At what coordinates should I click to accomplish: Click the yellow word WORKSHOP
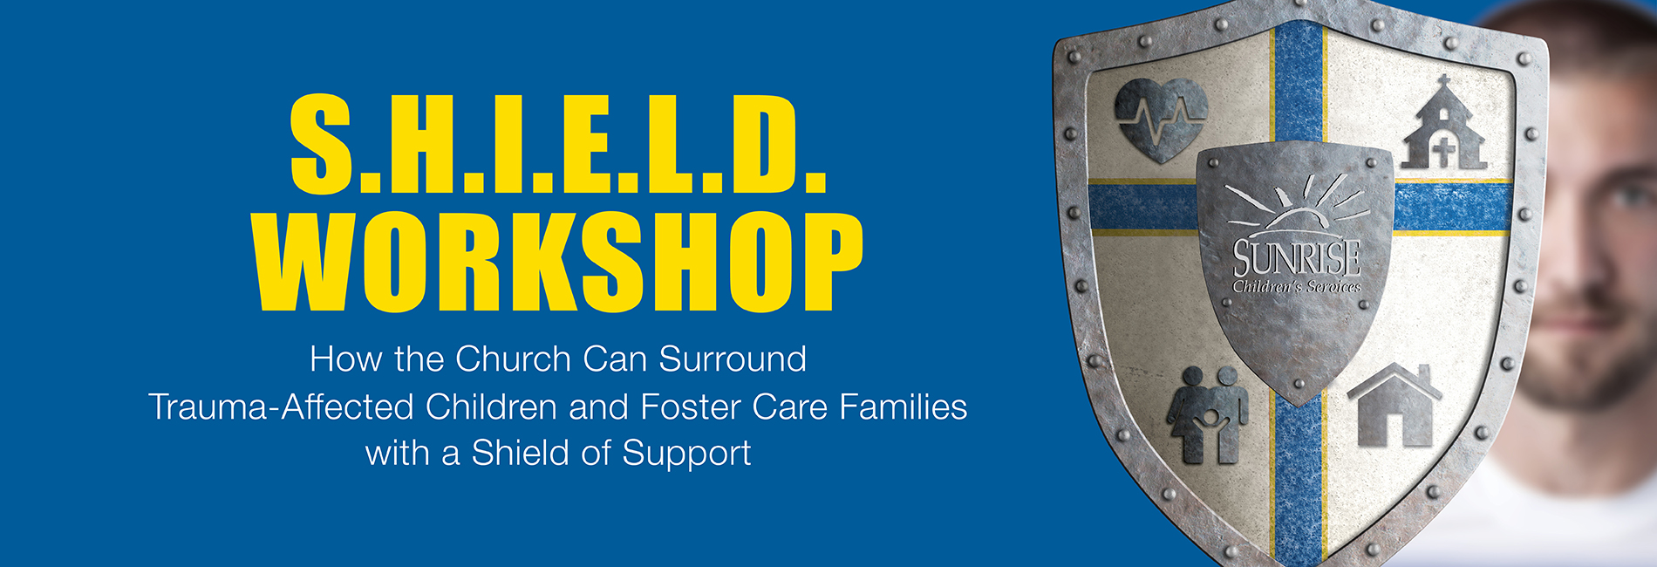[558, 263]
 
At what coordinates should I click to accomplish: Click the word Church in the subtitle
[513, 359]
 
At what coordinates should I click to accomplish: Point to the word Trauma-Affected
[281, 406]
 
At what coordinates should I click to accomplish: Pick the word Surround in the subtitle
[733, 359]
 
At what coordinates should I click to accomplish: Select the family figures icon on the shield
[1207, 414]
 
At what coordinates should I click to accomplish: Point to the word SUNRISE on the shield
[1297, 257]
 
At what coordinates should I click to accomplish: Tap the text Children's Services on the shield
[1297, 286]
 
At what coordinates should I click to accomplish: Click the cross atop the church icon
[1443, 83]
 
